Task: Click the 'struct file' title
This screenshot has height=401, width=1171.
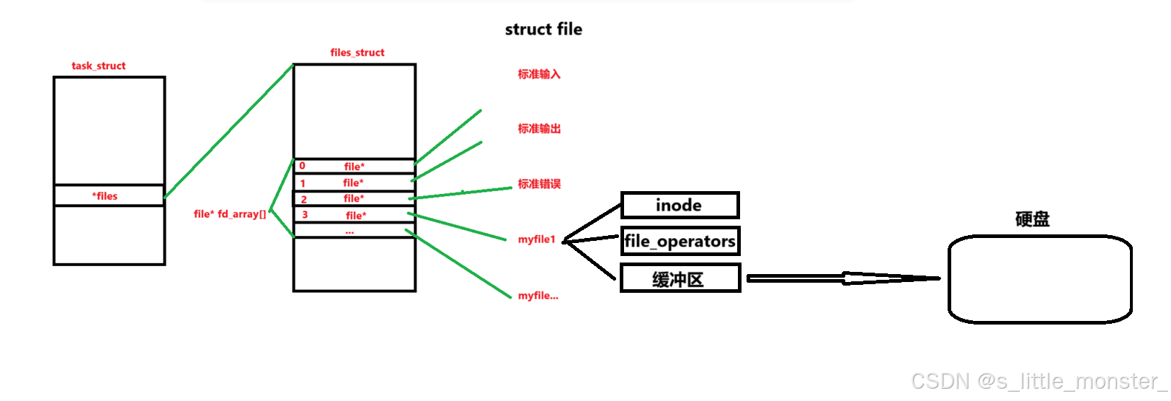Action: [x=543, y=30]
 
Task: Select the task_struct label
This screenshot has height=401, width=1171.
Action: [x=99, y=66]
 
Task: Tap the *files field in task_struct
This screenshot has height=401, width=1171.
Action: [x=105, y=195]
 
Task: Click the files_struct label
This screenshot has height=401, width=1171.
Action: [x=357, y=53]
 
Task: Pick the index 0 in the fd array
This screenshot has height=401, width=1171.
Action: [x=302, y=166]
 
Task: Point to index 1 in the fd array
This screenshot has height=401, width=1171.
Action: [x=303, y=183]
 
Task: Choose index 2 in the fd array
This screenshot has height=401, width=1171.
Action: [x=303, y=199]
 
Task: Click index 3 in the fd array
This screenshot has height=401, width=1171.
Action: [x=305, y=215]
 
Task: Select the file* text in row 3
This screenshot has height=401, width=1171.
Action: [x=356, y=216]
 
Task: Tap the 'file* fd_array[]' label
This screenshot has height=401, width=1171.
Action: [x=230, y=214]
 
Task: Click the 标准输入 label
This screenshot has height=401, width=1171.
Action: [x=539, y=74]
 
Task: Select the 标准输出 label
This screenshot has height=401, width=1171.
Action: [x=539, y=129]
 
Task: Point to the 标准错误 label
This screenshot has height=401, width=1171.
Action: [x=539, y=184]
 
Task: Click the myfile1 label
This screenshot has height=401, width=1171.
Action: [x=537, y=239]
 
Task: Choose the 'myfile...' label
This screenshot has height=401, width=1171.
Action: [x=538, y=296]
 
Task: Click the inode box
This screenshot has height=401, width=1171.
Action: [x=680, y=206]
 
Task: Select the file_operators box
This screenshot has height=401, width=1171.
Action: [x=680, y=241]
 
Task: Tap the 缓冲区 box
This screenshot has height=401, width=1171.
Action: [x=680, y=279]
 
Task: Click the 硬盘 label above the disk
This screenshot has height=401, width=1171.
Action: [x=1032, y=219]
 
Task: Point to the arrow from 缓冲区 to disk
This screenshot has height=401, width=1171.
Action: [x=843, y=278]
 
